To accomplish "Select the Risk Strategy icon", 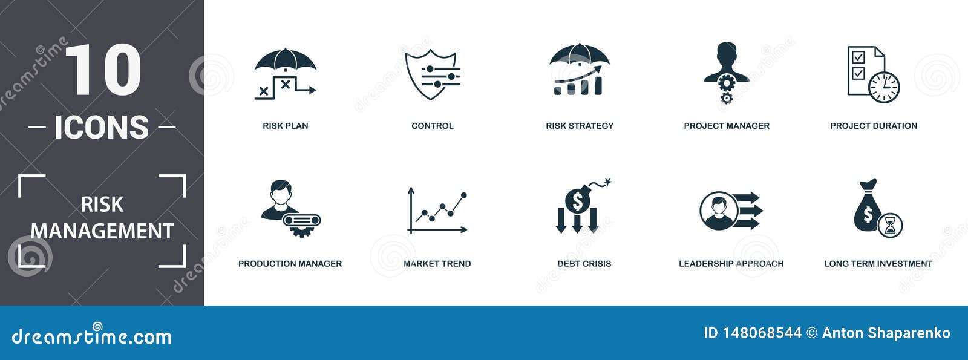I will pos(579,70).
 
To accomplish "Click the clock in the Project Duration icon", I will pos(884,87).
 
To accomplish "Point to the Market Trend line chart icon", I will pos(437,211).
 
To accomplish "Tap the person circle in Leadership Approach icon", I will pos(718,211).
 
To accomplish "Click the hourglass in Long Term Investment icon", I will pos(890,226).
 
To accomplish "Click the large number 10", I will pos(102,70).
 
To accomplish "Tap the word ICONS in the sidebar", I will pos(102,127).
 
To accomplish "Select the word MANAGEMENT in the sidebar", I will pos(102,231).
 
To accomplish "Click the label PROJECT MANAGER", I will pos(727,126).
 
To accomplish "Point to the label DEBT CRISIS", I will pos(584,264).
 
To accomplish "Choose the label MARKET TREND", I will pos(437,264).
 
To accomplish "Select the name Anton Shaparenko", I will pos(886,333).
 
